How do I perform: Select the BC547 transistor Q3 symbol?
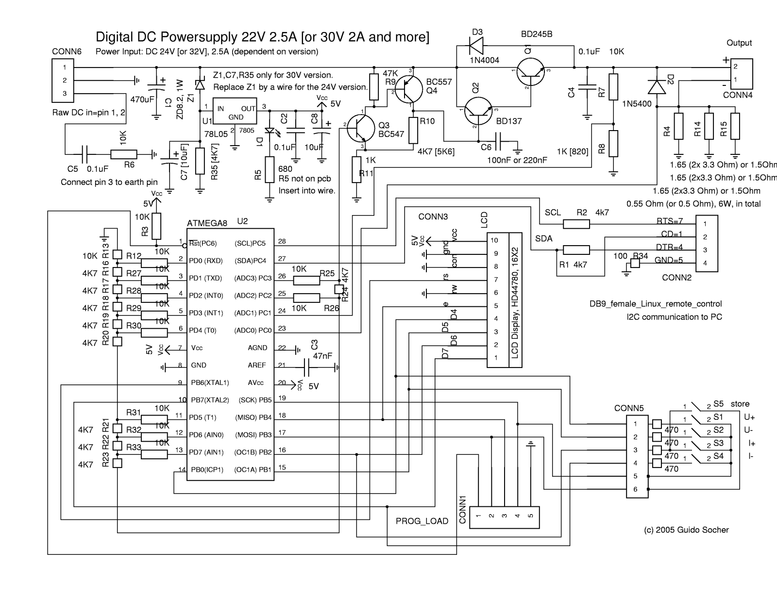[x=360, y=128]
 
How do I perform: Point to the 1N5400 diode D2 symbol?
[x=657, y=87]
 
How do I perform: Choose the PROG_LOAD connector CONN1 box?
[x=505, y=516]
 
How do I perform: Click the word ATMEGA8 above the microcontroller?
[x=207, y=223]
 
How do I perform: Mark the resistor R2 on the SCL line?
[x=576, y=224]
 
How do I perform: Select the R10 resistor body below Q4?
[x=413, y=130]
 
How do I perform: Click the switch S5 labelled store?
[x=700, y=406]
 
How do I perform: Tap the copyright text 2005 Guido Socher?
[x=686, y=530]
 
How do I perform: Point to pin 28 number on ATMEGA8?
[x=282, y=241]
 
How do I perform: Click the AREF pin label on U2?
[x=256, y=365]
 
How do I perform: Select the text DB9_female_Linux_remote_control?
[x=655, y=304]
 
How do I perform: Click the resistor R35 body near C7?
[x=200, y=161]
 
